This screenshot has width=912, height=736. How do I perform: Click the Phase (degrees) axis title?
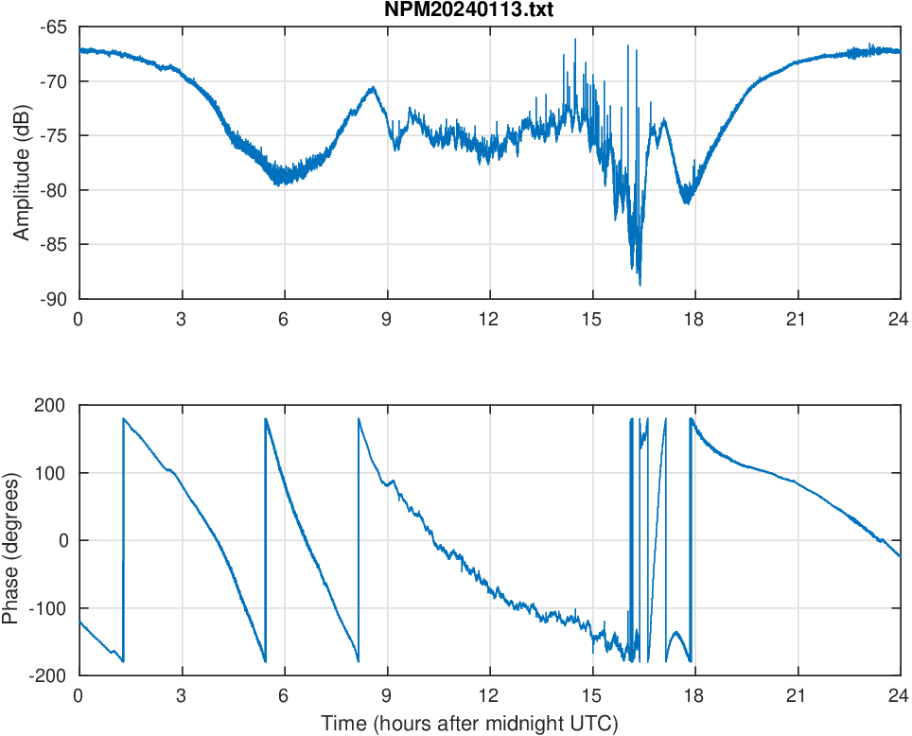[x=10, y=541]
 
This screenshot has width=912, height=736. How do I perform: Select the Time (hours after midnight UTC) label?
[x=469, y=725]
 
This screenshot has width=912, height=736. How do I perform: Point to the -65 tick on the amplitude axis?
[x=54, y=27]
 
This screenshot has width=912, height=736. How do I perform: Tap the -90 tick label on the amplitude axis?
[x=54, y=299]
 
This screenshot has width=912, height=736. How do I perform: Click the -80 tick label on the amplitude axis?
[x=54, y=190]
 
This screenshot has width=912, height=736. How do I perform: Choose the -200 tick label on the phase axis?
[x=47, y=675]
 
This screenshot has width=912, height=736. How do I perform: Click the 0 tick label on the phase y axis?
[x=62, y=541]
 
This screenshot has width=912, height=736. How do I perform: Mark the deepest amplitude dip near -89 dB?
[x=640, y=285]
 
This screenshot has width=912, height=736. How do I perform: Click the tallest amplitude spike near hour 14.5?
[x=574, y=40]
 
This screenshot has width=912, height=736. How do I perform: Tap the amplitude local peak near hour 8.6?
[x=373, y=88]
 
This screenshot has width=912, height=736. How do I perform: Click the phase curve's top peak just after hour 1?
[x=124, y=418]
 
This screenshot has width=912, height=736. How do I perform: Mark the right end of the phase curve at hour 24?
[x=899, y=556]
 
